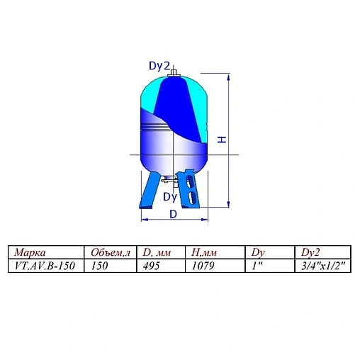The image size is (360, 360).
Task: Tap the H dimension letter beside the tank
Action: tap(222, 140)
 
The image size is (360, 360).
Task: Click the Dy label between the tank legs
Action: tap(169, 196)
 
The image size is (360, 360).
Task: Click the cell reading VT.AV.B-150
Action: tap(43, 266)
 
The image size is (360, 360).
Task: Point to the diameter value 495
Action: tap(151, 266)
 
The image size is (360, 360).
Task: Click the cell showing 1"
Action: tap(256, 266)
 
